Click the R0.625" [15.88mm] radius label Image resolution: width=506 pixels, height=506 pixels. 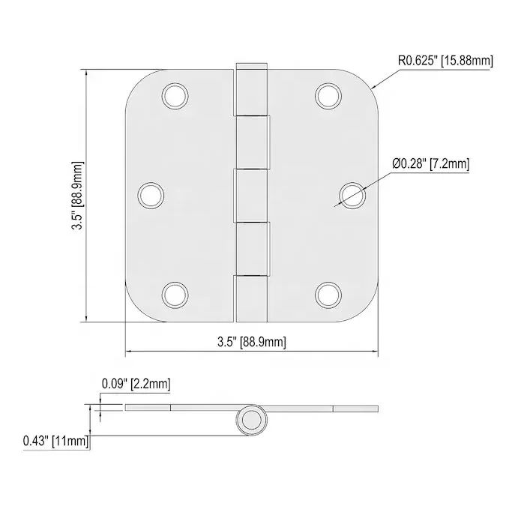click(x=445, y=61)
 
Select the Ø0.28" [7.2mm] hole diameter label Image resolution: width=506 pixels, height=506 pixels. click(x=431, y=164)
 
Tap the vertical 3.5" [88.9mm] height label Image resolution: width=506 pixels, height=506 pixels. click(x=77, y=196)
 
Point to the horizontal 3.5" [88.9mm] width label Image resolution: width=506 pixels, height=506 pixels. click(x=252, y=342)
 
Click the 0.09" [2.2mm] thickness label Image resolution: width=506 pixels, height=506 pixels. click(x=136, y=384)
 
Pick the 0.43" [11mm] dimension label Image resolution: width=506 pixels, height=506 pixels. click(x=55, y=441)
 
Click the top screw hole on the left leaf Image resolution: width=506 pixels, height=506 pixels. click(x=175, y=96)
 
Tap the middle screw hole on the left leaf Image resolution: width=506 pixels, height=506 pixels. click(x=151, y=196)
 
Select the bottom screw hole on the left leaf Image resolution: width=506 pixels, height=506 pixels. click(x=175, y=295)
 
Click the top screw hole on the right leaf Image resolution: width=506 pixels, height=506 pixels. click(x=328, y=96)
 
